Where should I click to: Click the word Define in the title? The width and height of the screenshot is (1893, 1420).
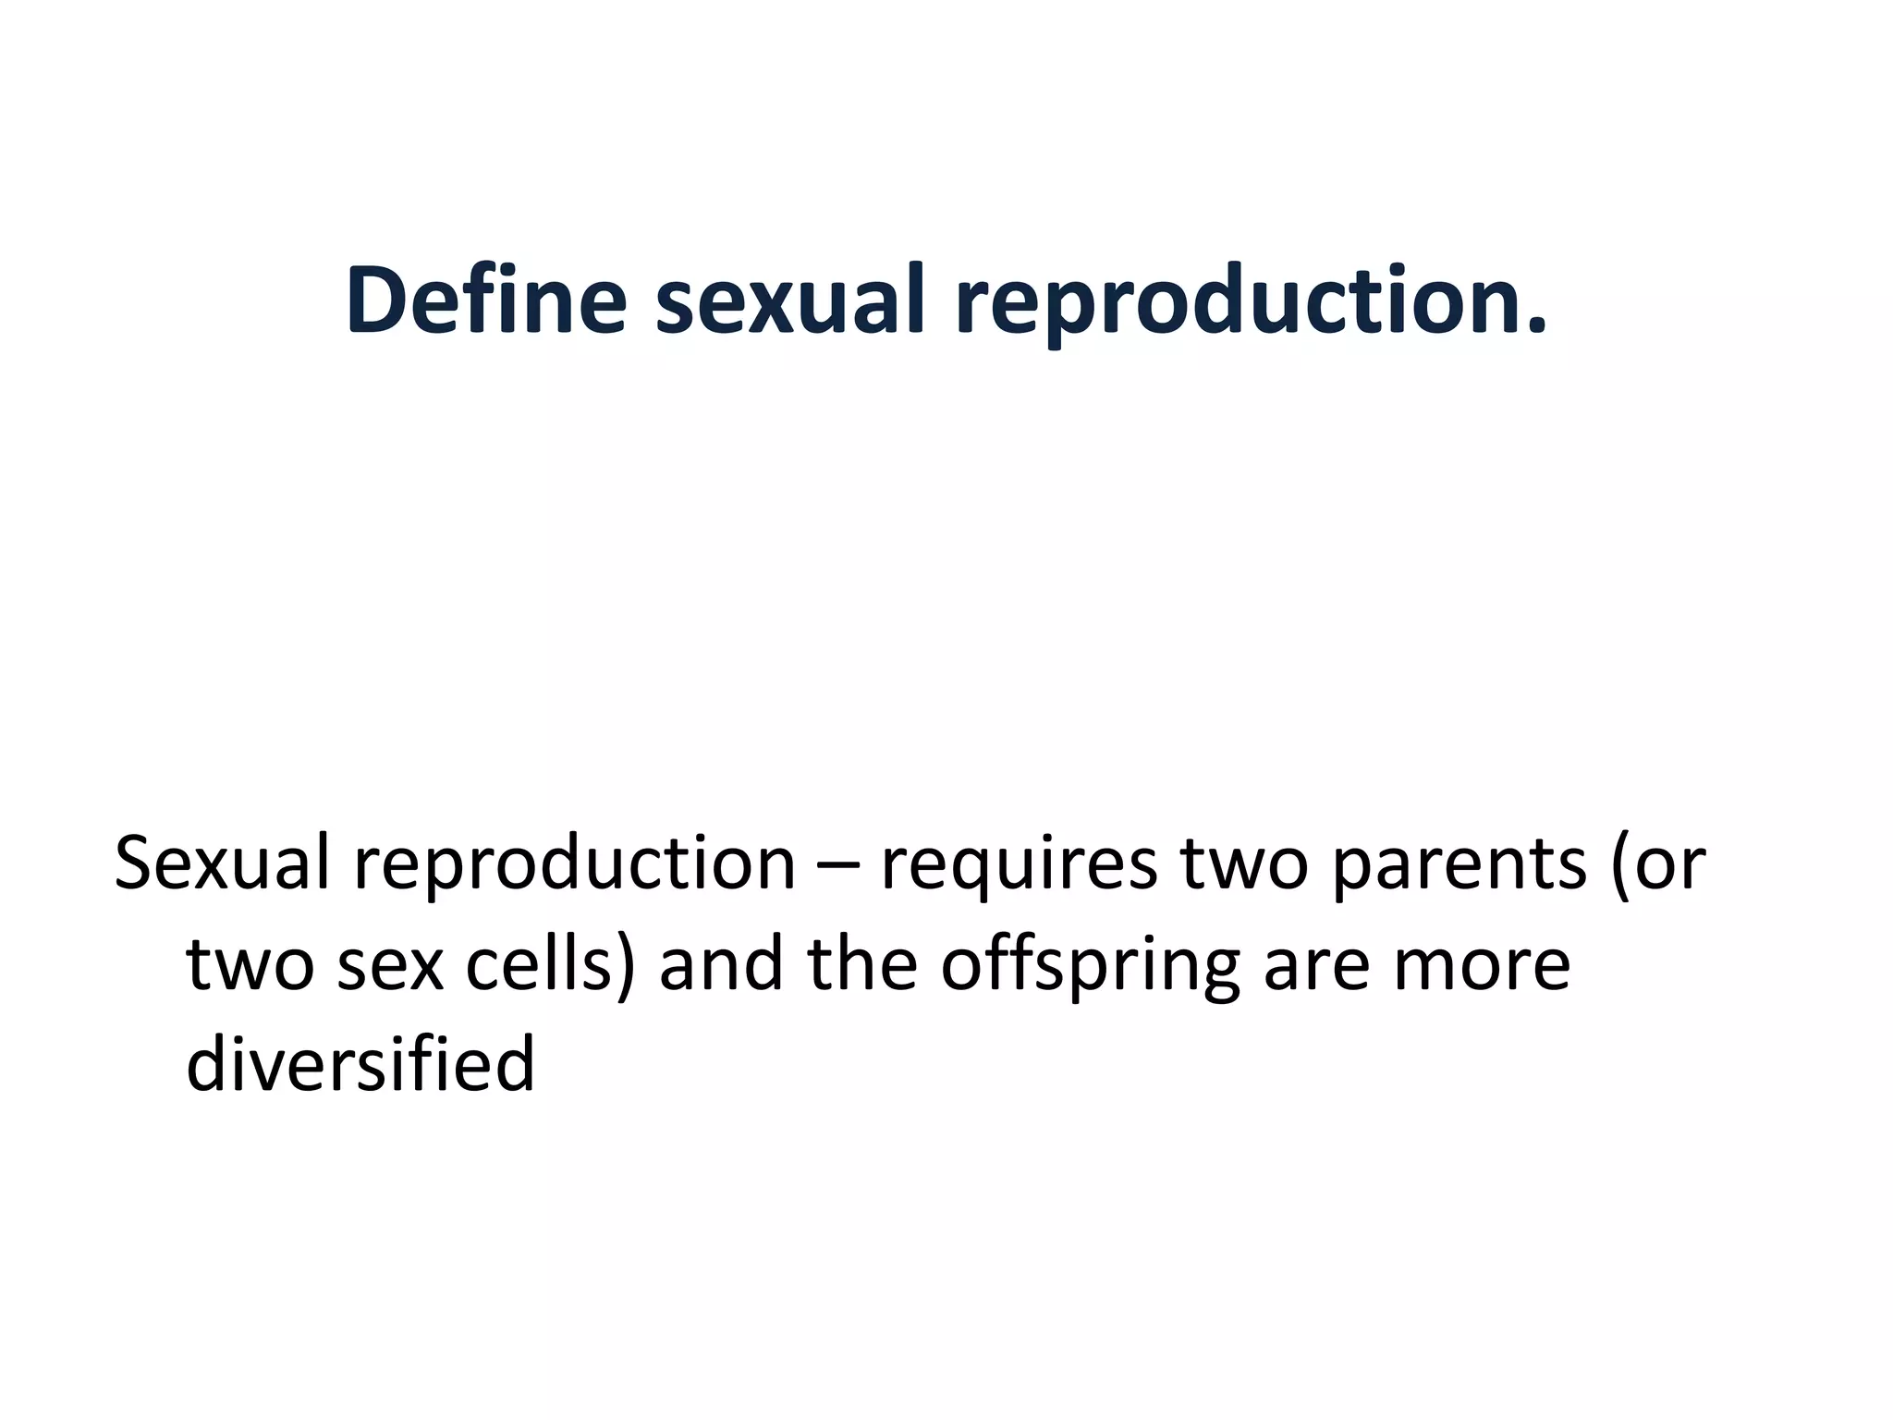click(x=486, y=300)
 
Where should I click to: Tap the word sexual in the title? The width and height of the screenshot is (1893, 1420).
click(x=790, y=300)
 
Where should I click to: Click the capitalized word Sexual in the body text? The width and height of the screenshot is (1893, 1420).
click(x=222, y=863)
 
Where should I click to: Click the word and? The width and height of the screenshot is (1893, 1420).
click(x=722, y=964)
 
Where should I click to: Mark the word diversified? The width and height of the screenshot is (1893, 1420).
click(x=360, y=1063)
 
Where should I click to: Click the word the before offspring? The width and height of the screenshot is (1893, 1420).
click(x=862, y=964)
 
